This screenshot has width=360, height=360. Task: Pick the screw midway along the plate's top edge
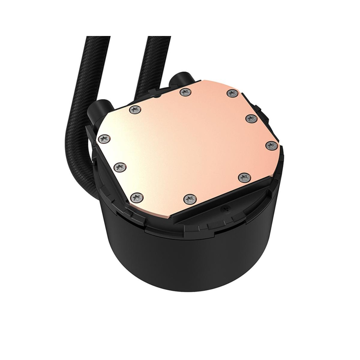pos(184,92)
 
